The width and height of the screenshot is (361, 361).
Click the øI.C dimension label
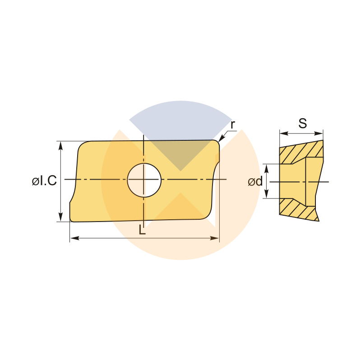coord(44,180)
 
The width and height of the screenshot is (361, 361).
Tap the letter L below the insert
coord(142,230)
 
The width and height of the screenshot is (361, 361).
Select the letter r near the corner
coord(233,125)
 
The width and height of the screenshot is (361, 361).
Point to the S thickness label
coord(302,123)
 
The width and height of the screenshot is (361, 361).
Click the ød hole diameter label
coord(255,182)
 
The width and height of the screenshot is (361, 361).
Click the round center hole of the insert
coord(144,180)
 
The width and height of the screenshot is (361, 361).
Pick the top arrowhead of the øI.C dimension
coord(60,145)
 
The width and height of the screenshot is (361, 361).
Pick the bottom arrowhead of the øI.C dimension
coord(60,218)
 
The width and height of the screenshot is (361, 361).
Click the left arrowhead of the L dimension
coord(74,238)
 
